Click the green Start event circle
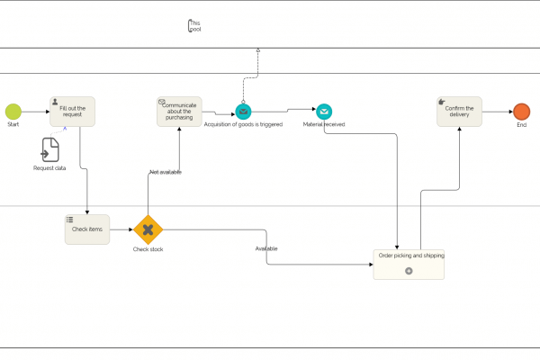pyautogui.click(x=13, y=112)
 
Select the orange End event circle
pyautogui.click(x=521, y=112)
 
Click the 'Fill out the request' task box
pyautogui.click(x=72, y=112)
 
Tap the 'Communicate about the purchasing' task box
pyautogui.click(x=179, y=112)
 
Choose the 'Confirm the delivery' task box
pyautogui.click(x=459, y=112)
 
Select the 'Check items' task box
pyautogui.click(x=87, y=229)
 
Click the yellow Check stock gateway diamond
pyautogui.click(x=148, y=229)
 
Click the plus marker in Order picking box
pyautogui.click(x=409, y=271)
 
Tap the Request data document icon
pyautogui.click(x=50, y=150)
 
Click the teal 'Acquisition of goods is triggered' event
pyautogui.click(x=243, y=112)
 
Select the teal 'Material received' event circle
pyautogui.click(x=324, y=112)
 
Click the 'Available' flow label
pyautogui.click(x=266, y=248)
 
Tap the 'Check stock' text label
pyautogui.click(x=148, y=249)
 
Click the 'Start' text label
pyautogui.click(x=13, y=125)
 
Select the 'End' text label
pyautogui.click(x=521, y=125)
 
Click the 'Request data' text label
pyautogui.click(x=50, y=168)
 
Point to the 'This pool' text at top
pyautogui.click(x=194, y=26)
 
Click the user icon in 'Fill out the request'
pyautogui.click(x=56, y=102)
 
